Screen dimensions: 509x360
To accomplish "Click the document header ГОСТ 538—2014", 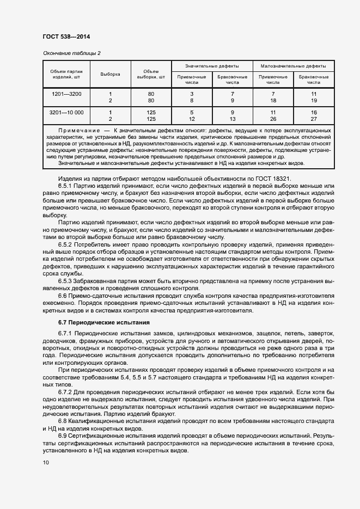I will point(66,37).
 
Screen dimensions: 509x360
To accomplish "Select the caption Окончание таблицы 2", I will point(71,53).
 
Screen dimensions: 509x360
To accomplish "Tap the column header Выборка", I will point(110,74).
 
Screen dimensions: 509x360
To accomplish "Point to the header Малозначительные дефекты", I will point(293,65).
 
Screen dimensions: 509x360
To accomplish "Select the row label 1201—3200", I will point(66,94).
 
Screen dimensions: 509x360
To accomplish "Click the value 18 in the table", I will point(273,101).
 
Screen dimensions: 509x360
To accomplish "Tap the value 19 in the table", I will point(313,101).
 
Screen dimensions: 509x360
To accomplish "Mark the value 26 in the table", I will point(273,119).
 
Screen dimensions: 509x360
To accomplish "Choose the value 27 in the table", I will point(313,119).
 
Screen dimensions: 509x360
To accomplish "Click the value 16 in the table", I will point(313,112).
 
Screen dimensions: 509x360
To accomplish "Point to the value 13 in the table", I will point(233,119).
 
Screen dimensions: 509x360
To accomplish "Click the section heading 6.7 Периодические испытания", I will point(103,323).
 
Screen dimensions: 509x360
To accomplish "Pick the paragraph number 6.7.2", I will point(68,392).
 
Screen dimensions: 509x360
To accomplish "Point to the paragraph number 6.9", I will point(65,436).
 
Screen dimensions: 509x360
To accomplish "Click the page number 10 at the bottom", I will point(45,463).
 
